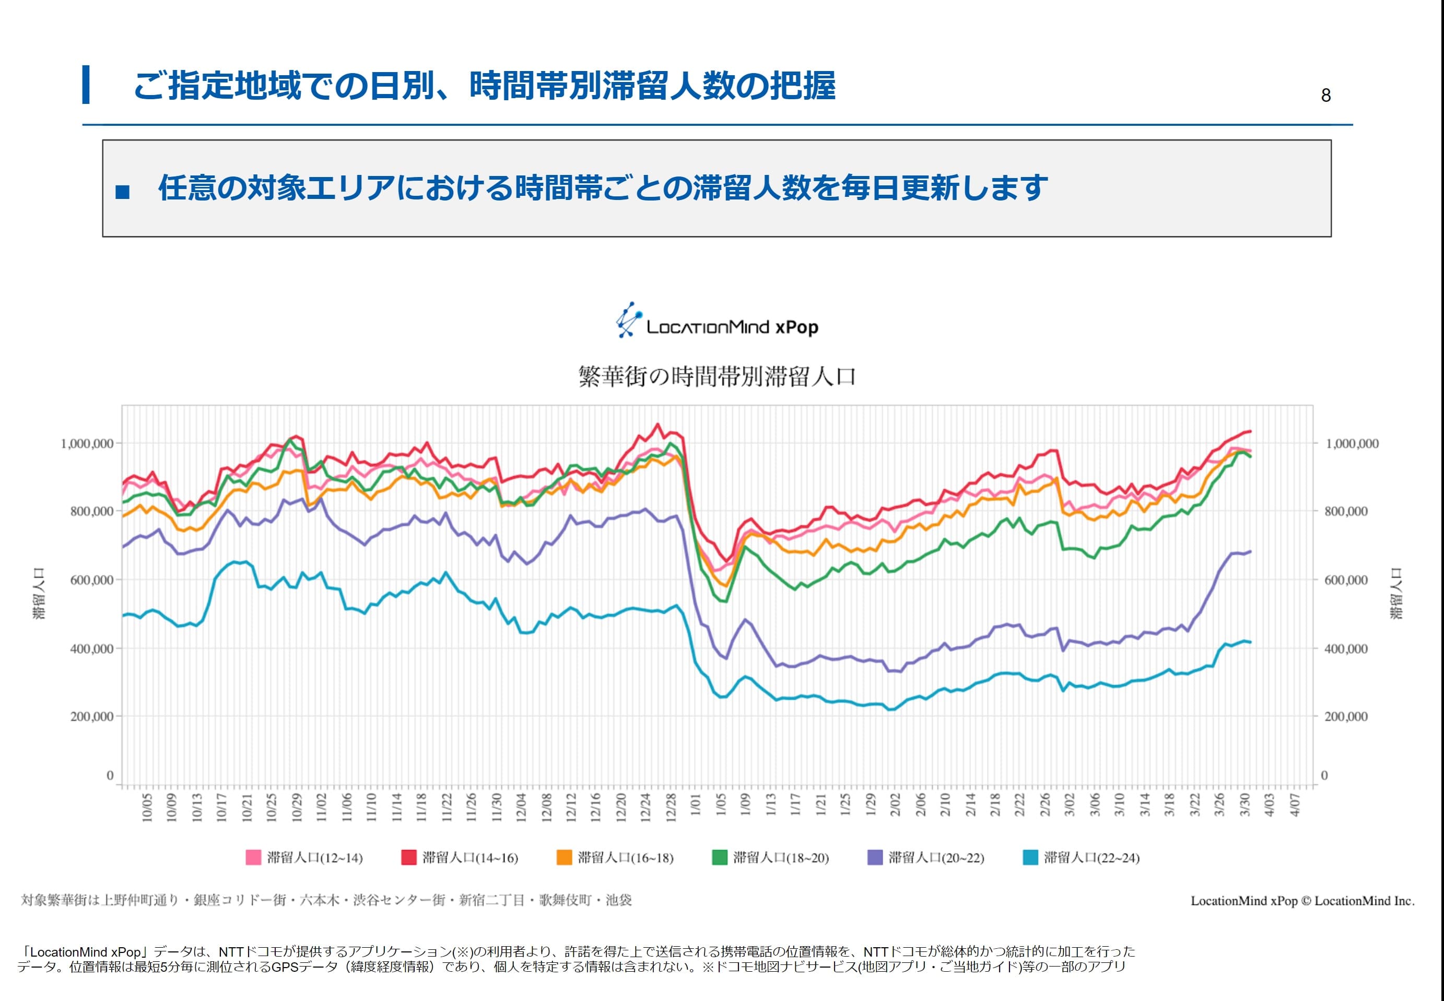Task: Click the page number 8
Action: [1325, 96]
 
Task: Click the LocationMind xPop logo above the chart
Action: [718, 321]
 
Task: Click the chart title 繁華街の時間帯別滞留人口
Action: [717, 376]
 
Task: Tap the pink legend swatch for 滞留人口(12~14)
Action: [253, 857]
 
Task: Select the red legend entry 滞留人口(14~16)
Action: [460, 857]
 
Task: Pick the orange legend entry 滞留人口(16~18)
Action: [615, 857]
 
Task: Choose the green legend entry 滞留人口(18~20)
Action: [771, 857]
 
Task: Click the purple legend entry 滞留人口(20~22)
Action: [926, 857]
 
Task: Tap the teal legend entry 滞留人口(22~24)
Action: [1082, 857]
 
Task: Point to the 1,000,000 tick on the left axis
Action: [87, 443]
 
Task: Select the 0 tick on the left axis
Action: [110, 775]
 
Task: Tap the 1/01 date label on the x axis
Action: [695, 805]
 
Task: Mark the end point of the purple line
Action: [1250, 551]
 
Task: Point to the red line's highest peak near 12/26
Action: [658, 424]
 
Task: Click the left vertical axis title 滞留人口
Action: [39, 593]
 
